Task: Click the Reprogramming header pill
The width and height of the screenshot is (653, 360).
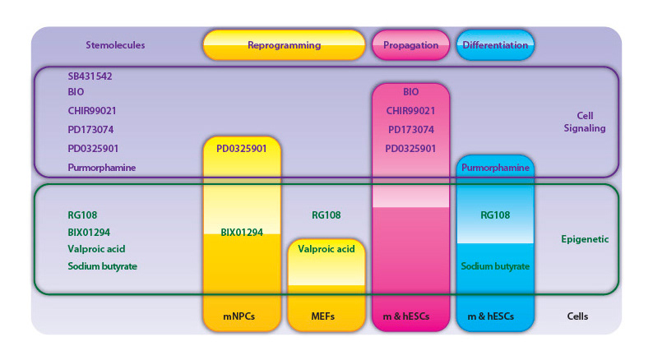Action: pos(284,45)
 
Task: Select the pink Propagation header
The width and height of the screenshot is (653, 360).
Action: pos(410,45)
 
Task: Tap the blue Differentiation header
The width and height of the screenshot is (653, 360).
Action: pos(495,45)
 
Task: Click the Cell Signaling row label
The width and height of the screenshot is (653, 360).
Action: pos(585,122)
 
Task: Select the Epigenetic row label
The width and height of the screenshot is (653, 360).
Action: pos(584,240)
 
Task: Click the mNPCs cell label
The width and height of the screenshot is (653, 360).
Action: pos(240,316)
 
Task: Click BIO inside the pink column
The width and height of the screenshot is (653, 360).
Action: pos(411,92)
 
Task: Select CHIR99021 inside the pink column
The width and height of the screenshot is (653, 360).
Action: pos(411,111)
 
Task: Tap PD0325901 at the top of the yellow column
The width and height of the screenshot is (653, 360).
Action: pos(241,149)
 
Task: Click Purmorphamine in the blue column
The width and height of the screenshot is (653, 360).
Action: pos(496,167)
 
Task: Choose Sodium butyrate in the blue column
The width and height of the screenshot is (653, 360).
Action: pos(495,266)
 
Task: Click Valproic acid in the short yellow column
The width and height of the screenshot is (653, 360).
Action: pos(326,249)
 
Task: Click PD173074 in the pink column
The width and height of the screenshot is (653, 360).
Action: pos(411,130)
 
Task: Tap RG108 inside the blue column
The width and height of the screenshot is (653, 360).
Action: pos(495,215)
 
